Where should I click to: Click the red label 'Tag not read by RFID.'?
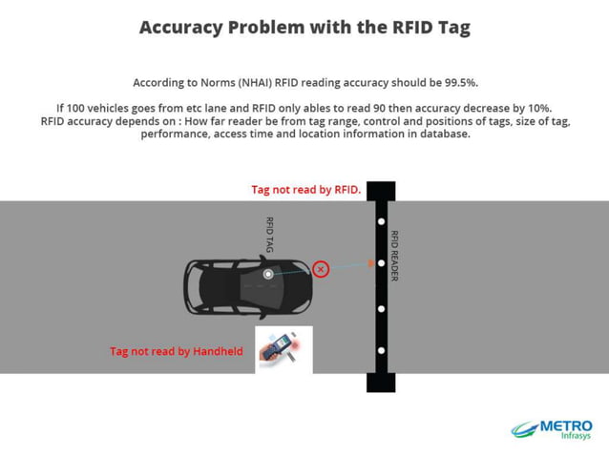[305, 190]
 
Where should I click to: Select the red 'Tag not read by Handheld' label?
[177, 351]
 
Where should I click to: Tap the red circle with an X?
[321, 270]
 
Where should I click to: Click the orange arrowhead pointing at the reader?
[370, 264]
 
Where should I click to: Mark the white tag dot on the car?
[268, 275]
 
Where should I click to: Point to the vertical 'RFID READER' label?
[394, 256]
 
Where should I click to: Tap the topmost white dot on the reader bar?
[381, 221]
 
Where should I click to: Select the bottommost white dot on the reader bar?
[381, 351]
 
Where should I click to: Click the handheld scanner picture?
[283, 349]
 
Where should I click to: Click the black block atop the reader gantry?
[381, 191]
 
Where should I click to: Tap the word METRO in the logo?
[566, 425]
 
